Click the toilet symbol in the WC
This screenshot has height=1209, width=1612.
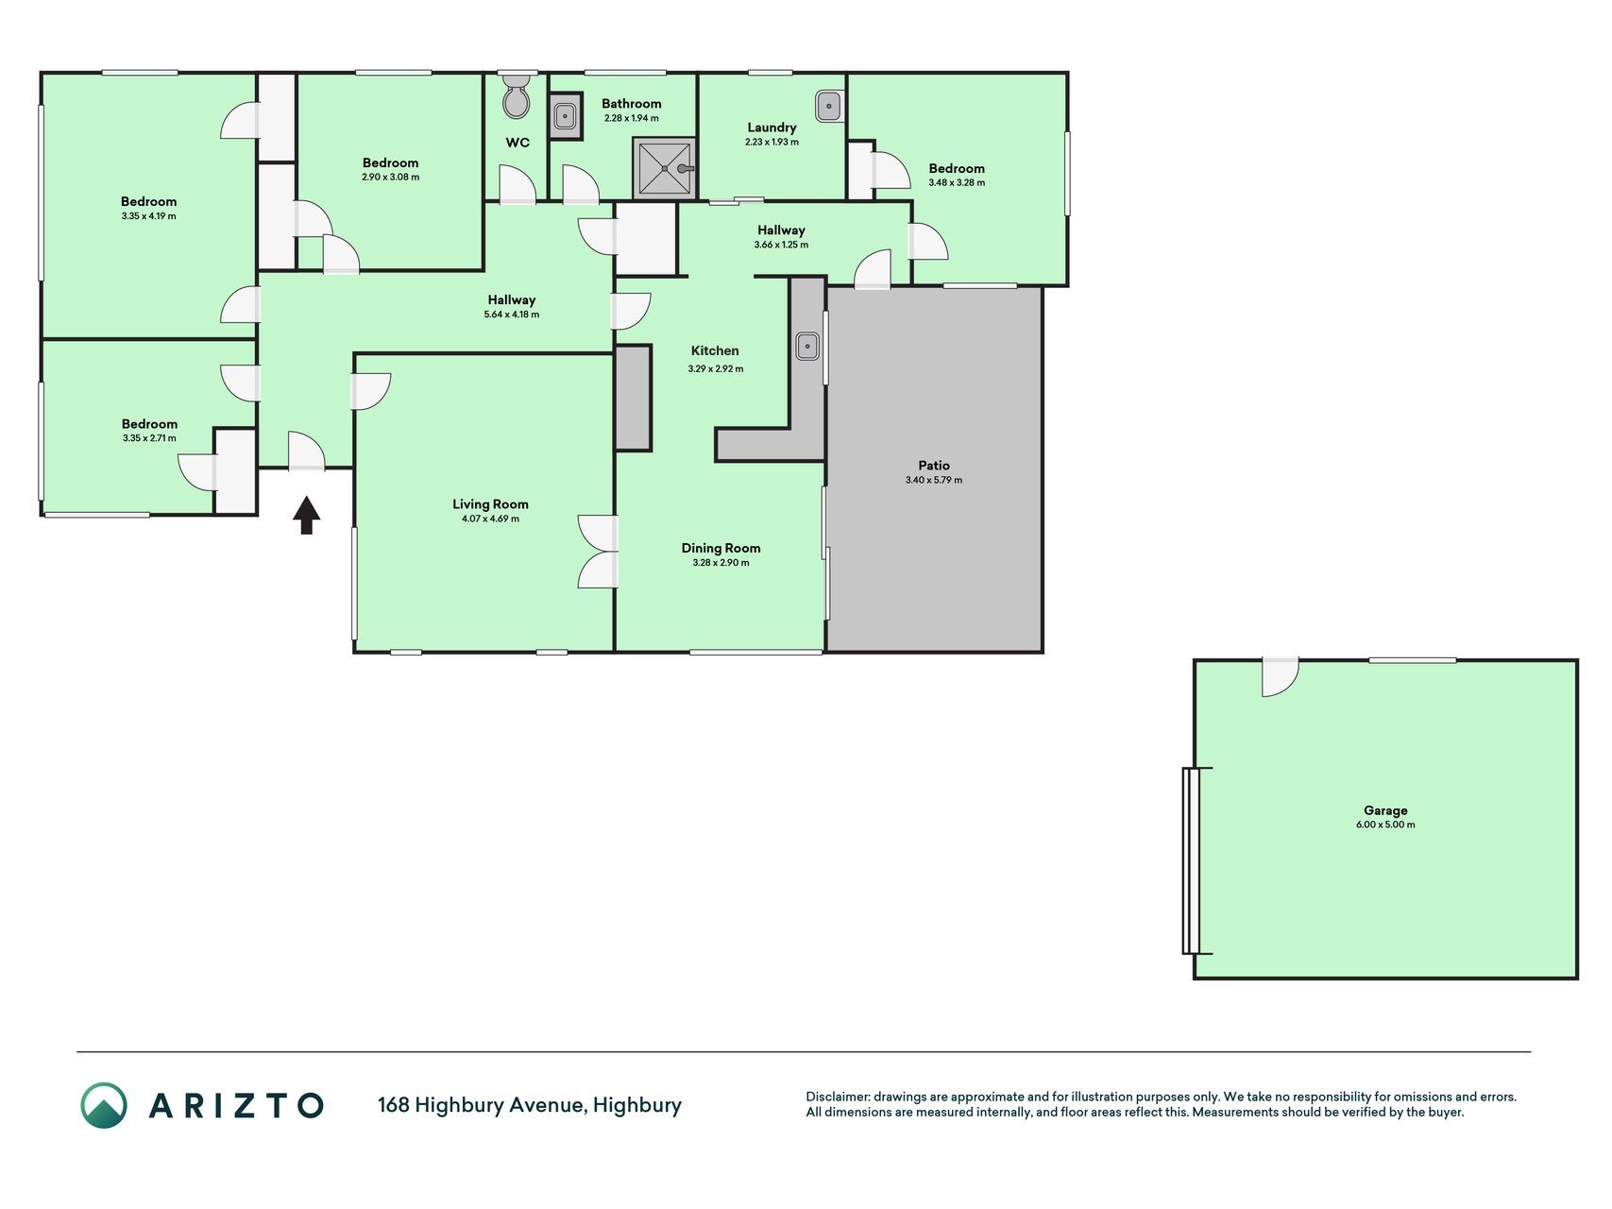click(517, 97)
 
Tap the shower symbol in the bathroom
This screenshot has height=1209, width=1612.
click(664, 168)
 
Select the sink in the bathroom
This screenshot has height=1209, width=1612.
click(565, 115)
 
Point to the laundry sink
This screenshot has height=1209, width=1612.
click(828, 106)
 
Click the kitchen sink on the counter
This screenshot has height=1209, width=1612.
click(807, 347)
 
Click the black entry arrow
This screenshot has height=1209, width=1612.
click(306, 515)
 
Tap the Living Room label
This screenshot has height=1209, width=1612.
click(490, 504)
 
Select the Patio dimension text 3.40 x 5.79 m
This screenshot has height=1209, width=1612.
click(934, 480)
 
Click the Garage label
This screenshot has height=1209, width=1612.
click(1385, 810)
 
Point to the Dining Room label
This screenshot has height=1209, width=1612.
click(721, 548)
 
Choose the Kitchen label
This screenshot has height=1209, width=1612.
click(715, 350)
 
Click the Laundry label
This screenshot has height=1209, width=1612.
click(772, 128)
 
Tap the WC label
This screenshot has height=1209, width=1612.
click(518, 143)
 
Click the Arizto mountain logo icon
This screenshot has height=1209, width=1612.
click(103, 1105)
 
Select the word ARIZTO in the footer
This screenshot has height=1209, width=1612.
click(236, 1105)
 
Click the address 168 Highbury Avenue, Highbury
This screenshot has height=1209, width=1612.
click(530, 1105)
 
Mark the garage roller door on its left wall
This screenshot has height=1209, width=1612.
click(1192, 860)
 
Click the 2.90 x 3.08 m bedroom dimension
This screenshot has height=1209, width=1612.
click(390, 177)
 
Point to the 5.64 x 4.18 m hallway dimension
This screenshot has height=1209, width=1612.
click(511, 315)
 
